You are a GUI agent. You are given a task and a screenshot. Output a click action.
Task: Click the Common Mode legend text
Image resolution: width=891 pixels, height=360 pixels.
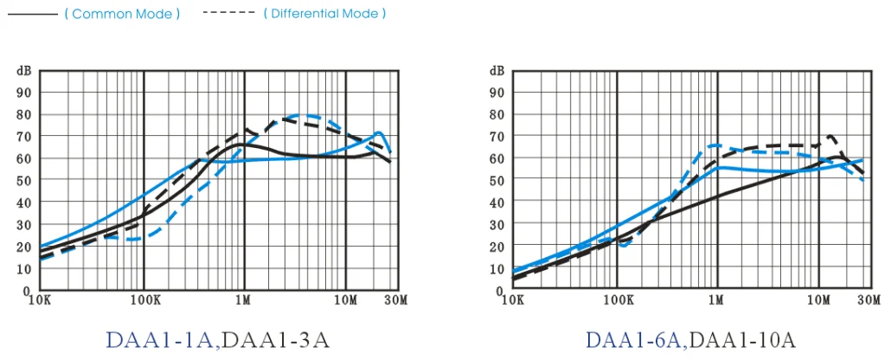(122, 14)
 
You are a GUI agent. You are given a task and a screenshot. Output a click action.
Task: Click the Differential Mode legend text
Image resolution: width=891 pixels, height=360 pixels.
(324, 14)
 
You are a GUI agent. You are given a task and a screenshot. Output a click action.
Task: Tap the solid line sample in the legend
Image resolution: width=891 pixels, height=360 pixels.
(32, 14)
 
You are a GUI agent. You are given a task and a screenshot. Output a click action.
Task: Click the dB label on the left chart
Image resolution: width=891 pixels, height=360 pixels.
(23, 70)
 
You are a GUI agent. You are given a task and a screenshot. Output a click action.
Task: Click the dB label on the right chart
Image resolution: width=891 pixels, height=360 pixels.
(497, 70)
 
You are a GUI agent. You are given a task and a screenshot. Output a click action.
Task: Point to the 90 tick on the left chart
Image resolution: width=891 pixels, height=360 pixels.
(24, 93)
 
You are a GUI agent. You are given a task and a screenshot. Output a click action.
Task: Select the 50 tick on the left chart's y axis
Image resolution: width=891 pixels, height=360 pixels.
(24, 181)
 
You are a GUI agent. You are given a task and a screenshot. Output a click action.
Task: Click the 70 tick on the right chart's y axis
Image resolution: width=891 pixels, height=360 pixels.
(497, 137)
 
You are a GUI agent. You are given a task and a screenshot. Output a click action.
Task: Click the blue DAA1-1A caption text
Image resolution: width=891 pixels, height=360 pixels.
(162, 339)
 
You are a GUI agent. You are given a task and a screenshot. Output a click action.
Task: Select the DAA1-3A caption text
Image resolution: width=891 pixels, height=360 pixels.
(276, 339)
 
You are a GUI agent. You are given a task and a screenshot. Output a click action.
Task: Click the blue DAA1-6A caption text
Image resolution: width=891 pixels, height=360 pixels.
(635, 339)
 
